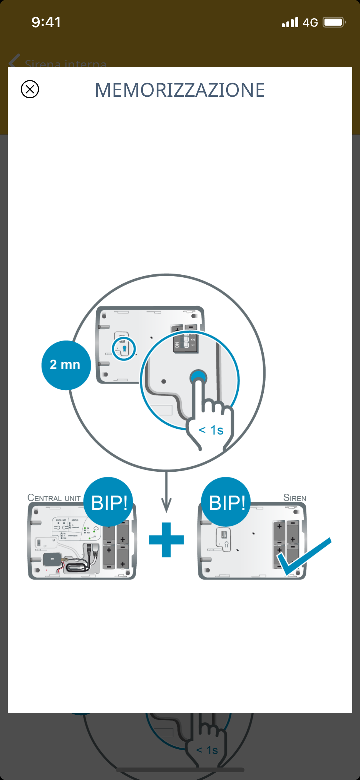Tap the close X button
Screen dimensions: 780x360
30,89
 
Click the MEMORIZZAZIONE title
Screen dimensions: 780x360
180,90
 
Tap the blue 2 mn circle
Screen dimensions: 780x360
66,365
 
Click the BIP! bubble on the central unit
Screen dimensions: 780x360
108,502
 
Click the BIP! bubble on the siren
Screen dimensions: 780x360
226,502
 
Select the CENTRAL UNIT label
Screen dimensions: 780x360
54,498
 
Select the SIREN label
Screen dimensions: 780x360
295,498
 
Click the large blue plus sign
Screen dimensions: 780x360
166,540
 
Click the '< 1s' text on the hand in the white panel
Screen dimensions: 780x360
211,430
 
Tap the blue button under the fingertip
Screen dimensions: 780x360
198,377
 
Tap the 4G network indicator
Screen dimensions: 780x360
310,22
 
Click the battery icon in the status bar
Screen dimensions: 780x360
334,22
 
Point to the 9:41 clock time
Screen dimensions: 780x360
46,22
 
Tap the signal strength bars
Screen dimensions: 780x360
290,22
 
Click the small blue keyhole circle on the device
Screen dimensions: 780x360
124,348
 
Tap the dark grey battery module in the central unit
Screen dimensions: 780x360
52,559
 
